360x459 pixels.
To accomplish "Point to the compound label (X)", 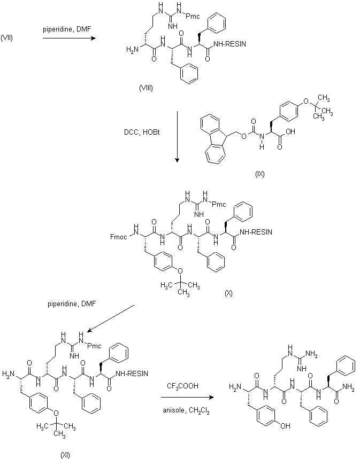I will coord(228,293).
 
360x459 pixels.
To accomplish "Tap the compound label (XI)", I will coord(65,455).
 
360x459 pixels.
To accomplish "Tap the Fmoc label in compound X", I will coord(119,233).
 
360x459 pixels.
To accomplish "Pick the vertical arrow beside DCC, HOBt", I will coord(177,136).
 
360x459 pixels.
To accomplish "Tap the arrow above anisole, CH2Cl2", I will coord(187,398).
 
